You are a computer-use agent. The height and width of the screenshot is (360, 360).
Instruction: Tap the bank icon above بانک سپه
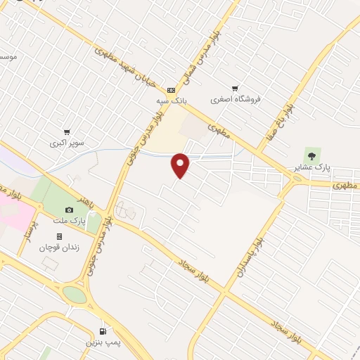pos(171,91)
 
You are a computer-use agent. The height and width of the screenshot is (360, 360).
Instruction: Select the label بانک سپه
pos(171,101)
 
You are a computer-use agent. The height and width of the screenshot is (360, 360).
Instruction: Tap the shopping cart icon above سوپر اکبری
pos(67,131)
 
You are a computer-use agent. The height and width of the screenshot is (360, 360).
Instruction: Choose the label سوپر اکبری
pos(67,143)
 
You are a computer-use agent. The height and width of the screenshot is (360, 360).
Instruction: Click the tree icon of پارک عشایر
pos(311,155)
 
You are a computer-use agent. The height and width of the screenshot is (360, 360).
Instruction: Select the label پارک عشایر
pos(312,167)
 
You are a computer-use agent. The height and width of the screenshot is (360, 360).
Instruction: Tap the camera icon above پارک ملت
pos(69,210)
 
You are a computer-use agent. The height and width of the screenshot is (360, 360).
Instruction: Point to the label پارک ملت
pos(69,221)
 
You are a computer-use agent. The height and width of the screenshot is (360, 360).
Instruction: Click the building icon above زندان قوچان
pos(59,236)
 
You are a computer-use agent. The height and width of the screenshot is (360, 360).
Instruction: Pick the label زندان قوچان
pos(58,247)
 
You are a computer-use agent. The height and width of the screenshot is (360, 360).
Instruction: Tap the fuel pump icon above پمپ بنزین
pos(103,330)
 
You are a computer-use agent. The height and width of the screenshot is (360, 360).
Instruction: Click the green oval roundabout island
pos(75,295)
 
